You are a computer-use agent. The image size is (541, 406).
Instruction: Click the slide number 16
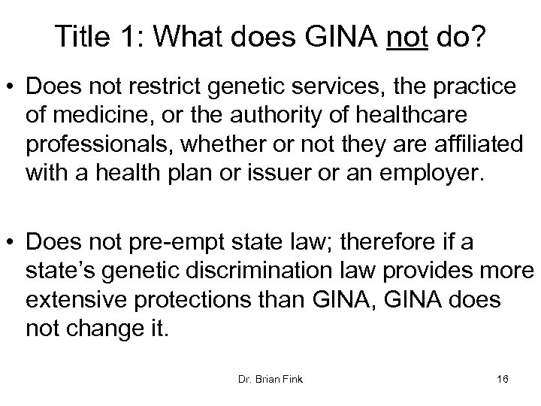pyautogui.click(x=503, y=378)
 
